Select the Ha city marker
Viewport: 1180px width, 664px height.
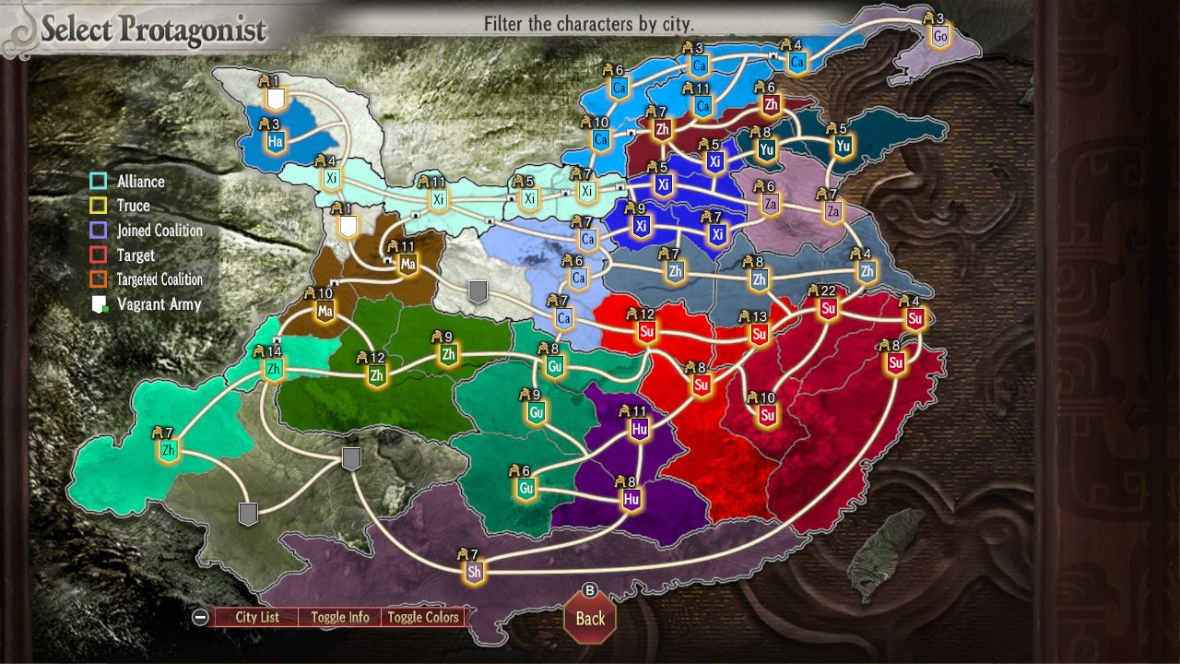point(275,142)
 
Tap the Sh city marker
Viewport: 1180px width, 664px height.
point(474,572)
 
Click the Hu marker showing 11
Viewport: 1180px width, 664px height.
point(640,428)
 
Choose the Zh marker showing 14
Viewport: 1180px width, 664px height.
point(273,370)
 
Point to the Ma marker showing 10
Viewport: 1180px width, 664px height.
point(324,312)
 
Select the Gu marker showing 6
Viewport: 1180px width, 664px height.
point(526,488)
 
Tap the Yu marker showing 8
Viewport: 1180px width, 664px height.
point(766,149)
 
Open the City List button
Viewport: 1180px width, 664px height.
point(256,617)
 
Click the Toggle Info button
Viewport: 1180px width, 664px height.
point(339,617)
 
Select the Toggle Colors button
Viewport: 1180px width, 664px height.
point(422,617)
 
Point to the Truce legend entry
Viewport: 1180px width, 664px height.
point(133,206)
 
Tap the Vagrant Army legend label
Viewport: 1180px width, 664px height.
point(159,303)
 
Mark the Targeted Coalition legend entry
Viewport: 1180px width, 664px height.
point(159,279)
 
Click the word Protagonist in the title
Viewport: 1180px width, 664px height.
point(193,30)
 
